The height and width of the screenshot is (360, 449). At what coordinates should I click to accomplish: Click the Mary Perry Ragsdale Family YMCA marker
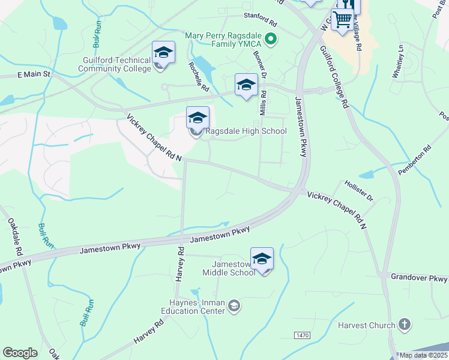271,40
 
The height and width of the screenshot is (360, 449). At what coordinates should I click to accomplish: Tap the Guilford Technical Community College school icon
163,53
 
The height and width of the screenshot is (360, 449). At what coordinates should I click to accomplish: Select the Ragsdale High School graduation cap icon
197,118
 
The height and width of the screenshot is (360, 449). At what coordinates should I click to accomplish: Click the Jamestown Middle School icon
262,259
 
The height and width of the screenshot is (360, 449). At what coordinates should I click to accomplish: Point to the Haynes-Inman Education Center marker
234,307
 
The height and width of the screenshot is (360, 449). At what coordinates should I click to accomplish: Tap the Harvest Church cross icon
405,325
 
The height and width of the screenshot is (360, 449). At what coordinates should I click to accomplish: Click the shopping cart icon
342,19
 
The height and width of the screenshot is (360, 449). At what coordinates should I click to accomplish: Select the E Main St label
35,74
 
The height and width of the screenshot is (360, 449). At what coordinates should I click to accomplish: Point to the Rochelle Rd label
197,77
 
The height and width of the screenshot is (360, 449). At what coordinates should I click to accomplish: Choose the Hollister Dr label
358,189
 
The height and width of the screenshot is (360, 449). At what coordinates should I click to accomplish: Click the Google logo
20,353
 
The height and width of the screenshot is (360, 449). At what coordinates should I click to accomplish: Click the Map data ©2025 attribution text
423,355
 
